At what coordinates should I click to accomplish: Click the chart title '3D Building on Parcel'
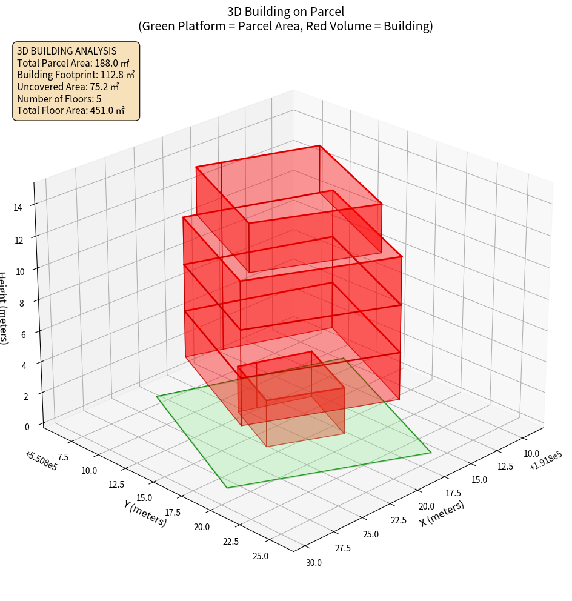tap(285, 12)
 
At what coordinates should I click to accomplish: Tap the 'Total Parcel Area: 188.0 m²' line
tap(73, 63)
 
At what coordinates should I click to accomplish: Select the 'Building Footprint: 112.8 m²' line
tap(76, 75)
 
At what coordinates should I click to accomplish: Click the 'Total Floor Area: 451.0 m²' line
tap(71, 110)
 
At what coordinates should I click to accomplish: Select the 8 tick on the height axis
tap(22, 303)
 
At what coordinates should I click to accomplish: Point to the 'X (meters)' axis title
tap(442, 513)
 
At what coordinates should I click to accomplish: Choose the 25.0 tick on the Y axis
tap(261, 556)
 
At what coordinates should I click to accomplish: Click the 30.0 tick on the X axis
tap(314, 563)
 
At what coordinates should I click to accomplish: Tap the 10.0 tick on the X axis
tap(531, 453)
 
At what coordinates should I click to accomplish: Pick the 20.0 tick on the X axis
tap(426, 506)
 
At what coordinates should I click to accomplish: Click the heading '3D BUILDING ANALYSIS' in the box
tap(67, 51)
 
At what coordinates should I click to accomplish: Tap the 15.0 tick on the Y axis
tap(144, 498)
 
